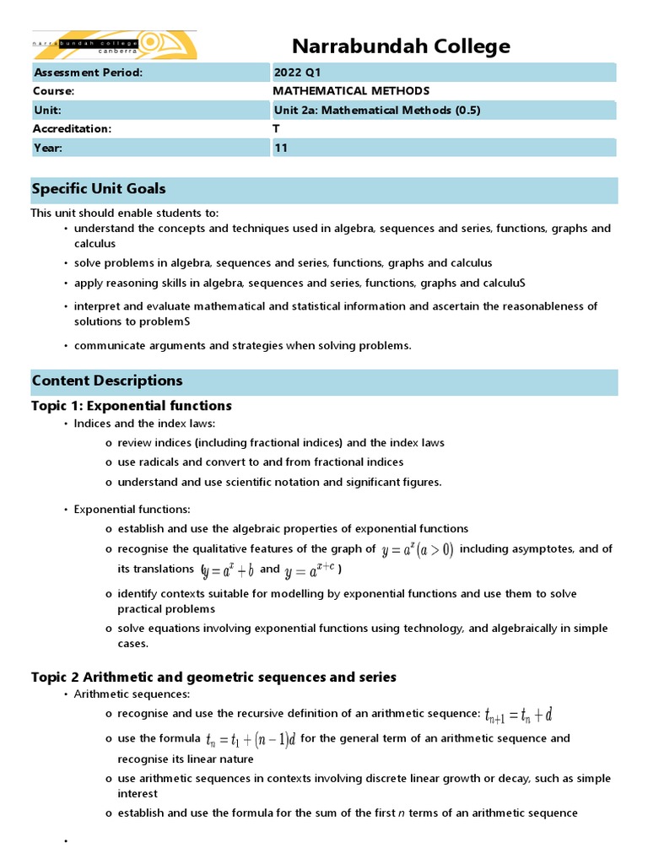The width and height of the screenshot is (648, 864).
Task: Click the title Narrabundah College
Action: coord(401,46)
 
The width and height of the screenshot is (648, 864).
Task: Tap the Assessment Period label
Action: coord(88,72)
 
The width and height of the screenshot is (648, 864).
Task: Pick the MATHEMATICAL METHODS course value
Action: coord(351,91)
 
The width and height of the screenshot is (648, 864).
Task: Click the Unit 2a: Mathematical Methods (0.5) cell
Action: coord(377,110)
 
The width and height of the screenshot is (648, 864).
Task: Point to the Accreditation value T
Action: coord(277,128)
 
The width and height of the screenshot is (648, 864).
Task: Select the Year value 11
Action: coord(280,148)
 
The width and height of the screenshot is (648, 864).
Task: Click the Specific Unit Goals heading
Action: coord(99,189)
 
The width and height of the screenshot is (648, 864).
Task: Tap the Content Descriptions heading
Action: coord(107,381)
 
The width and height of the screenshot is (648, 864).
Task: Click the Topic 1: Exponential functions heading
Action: coord(131,406)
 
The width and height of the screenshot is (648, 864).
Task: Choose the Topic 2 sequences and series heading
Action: coord(213,678)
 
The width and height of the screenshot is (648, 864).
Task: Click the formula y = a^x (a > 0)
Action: coord(418,550)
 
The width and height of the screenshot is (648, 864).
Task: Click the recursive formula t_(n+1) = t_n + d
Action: coord(519,715)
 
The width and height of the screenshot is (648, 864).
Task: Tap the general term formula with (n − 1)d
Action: coord(251,740)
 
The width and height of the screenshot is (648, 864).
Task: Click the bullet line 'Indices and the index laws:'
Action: coord(144,424)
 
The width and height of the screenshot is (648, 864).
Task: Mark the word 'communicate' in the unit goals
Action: coord(105,345)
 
